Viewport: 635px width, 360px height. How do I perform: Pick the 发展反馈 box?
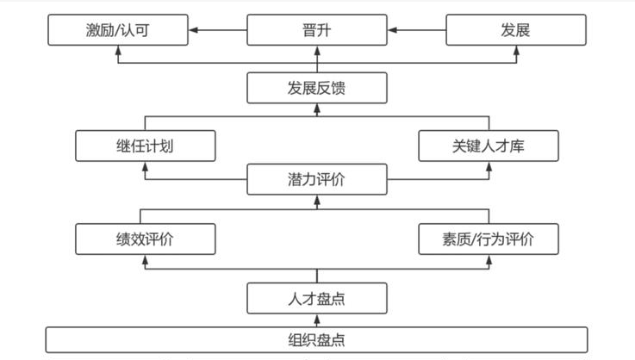(317, 87)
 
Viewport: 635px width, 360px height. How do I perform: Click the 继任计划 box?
(145, 145)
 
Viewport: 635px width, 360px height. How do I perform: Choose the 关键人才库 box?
(488, 145)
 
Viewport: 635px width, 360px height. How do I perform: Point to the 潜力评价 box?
(317, 179)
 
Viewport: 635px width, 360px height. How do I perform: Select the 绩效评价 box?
(145, 239)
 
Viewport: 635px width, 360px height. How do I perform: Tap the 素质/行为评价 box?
(488, 239)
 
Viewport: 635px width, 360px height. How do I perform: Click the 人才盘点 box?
(317, 298)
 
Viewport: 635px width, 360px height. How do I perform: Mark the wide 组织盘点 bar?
(317, 339)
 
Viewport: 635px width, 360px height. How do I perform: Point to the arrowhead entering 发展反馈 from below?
(317, 108)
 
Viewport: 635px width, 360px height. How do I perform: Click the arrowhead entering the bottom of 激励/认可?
(118, 50)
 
